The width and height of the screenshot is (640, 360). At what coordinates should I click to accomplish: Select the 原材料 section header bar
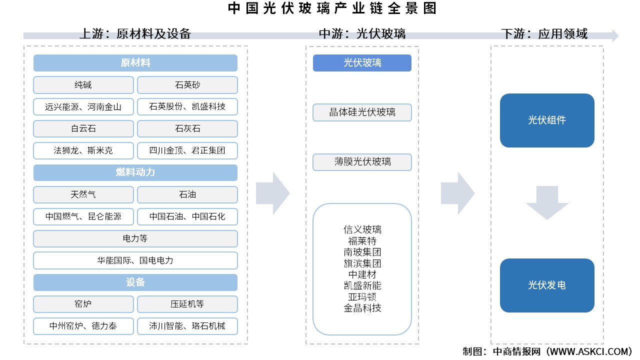pyautogui.click(x=135, y=63)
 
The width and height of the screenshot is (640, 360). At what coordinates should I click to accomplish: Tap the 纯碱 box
pyautogui.click(x=83, y=85)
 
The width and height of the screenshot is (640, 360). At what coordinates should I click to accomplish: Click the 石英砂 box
pyautogui.click(x=187, y=85)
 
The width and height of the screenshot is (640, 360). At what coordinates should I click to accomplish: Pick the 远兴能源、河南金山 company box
pyautogui.click(x=83, y=107)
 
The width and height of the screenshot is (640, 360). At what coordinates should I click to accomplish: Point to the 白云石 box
pyautogui.click(x=83, y=129)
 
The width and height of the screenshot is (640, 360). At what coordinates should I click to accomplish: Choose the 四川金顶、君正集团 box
pyautogui.click(x=187, y=150)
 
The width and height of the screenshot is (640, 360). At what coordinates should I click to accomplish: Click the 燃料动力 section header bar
pyautogui.click(x=135, y=172)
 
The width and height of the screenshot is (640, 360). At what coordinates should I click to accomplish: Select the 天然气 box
pyautogui.click(x=83, y=194)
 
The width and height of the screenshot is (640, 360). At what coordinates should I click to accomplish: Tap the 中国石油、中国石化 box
pyautogui.click(x=187, y=216)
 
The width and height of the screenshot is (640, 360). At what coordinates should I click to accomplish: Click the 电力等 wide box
pyautogui.click(x=135, y=238)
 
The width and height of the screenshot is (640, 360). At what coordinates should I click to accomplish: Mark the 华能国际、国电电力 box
pyautogui.click(x=135, y=260)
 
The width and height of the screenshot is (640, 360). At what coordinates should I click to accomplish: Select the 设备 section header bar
pyautogui.click(x=135, y=282)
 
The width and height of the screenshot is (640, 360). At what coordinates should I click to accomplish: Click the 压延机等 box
pyautogui.click(x=187, y=304)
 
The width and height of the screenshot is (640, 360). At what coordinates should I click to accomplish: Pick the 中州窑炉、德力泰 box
pyautogui.click(x=83, y=326)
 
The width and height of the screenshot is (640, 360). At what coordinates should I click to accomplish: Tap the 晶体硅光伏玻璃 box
pyautogui.click(x=362, y=112)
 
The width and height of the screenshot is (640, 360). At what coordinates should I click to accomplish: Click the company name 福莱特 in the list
pyautogui.click(x=362, y=241)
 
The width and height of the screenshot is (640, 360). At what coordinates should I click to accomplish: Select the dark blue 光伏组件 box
pyautogui.click(x=547, y=120)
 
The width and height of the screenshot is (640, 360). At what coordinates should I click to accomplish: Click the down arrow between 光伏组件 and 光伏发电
pyautogui.click(x=547, y=202)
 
